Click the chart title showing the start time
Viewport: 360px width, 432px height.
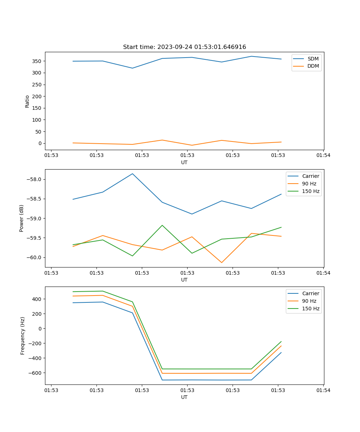(x=184, y=47)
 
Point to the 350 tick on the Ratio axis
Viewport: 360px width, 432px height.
(x=37, y=61)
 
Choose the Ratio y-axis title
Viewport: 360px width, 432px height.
(x=27, y=101)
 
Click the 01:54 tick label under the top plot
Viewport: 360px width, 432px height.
(x=323, y=156)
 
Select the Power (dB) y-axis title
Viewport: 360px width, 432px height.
(x=22, y=218)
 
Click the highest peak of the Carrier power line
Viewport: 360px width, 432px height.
(x=132, y=174)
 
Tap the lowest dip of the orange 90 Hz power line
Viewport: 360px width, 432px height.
(x=221, y=262)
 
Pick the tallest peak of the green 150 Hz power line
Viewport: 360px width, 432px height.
(x=162, y=225)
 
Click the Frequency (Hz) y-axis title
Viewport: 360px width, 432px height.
(x=23, y=336)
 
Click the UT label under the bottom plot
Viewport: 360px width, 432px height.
(x=184, y=397)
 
